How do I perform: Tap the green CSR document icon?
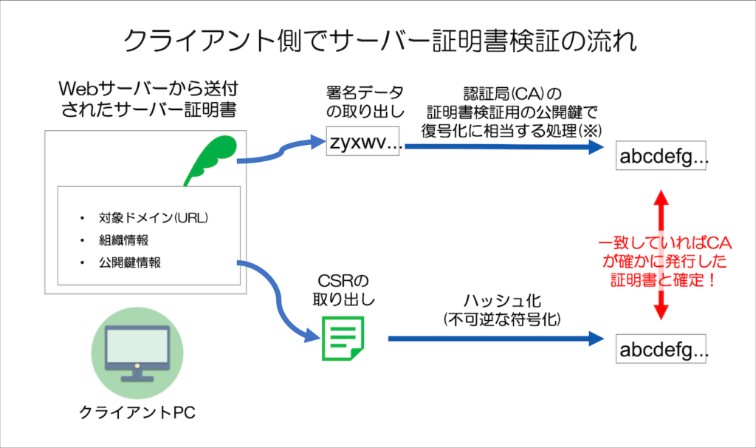pyautogui.click(x=343, y=339)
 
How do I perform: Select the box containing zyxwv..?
pyautogui.click(x=364, y=143)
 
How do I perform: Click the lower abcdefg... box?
pyautogui.click(x=664, y=350)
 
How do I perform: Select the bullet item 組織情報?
pyautogui.click(x=129, y=240)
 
